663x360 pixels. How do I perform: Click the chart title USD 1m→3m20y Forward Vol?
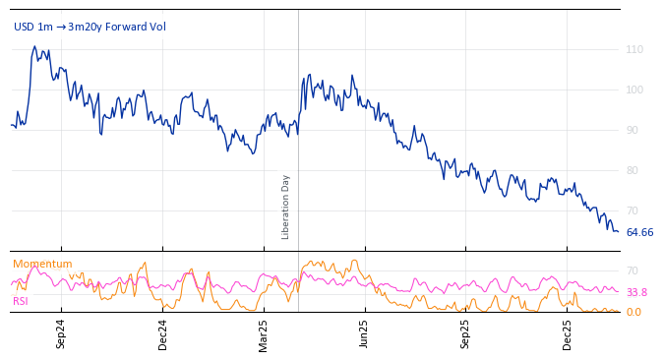[x=90, y=27]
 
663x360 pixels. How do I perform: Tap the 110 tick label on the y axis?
[x=634, y=49]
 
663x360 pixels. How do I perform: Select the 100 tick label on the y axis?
[x=634, y=90]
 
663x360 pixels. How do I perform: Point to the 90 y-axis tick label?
[x=634, y=130]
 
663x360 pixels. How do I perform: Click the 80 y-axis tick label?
[x=634, y=170]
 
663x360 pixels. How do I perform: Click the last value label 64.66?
[x=639, y=232]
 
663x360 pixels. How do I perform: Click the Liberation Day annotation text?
[x=286, y=207]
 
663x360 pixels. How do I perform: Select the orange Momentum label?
[x=42, y=264]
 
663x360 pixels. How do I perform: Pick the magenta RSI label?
[x=21, y=301]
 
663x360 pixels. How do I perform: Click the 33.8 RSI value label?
[x=636, y=292]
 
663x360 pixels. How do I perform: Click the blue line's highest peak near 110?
[x=34, y=46]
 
